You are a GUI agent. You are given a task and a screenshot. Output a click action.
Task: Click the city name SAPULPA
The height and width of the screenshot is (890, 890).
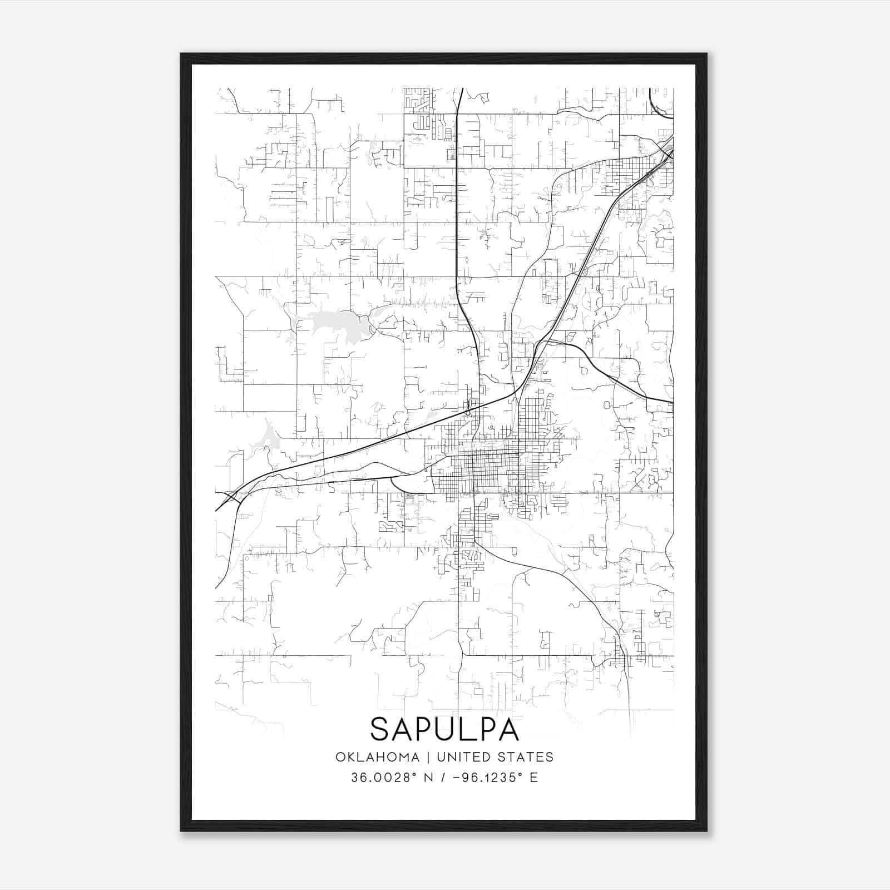tap(444, 729)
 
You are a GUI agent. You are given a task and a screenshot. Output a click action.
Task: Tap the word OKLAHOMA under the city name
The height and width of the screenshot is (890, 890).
tap(377, 757)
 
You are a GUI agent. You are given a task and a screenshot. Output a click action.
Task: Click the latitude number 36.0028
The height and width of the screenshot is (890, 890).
tap(383, 778)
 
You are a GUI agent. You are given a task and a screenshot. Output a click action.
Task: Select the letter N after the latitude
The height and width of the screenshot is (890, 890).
tap(427, 778)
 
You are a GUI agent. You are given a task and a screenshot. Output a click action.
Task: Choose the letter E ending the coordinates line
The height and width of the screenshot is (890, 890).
tap(534, 778)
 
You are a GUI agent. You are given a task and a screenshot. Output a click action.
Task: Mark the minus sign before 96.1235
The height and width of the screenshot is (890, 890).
tap(457, 778)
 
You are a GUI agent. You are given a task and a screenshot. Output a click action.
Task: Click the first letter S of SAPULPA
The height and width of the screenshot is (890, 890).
tap(380, 729)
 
